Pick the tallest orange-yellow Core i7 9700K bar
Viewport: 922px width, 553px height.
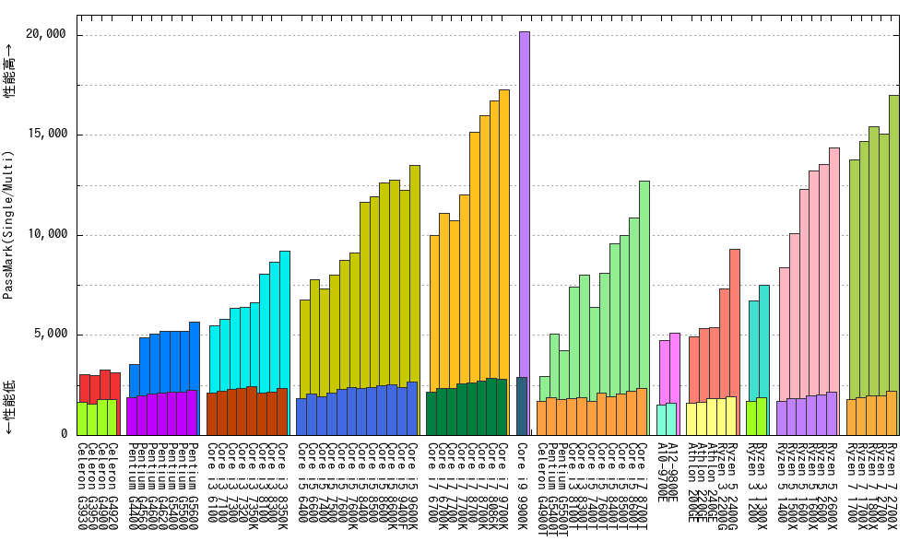[x=503, y=230]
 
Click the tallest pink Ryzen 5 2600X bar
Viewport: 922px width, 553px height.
[x=833, y=267]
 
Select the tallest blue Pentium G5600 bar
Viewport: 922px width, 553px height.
[x=194, y=355]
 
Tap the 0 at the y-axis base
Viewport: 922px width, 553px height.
[x=64, y=434]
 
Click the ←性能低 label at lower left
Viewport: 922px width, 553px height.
[x=8, y=406]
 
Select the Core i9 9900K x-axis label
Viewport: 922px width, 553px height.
[x=523, y=478]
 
